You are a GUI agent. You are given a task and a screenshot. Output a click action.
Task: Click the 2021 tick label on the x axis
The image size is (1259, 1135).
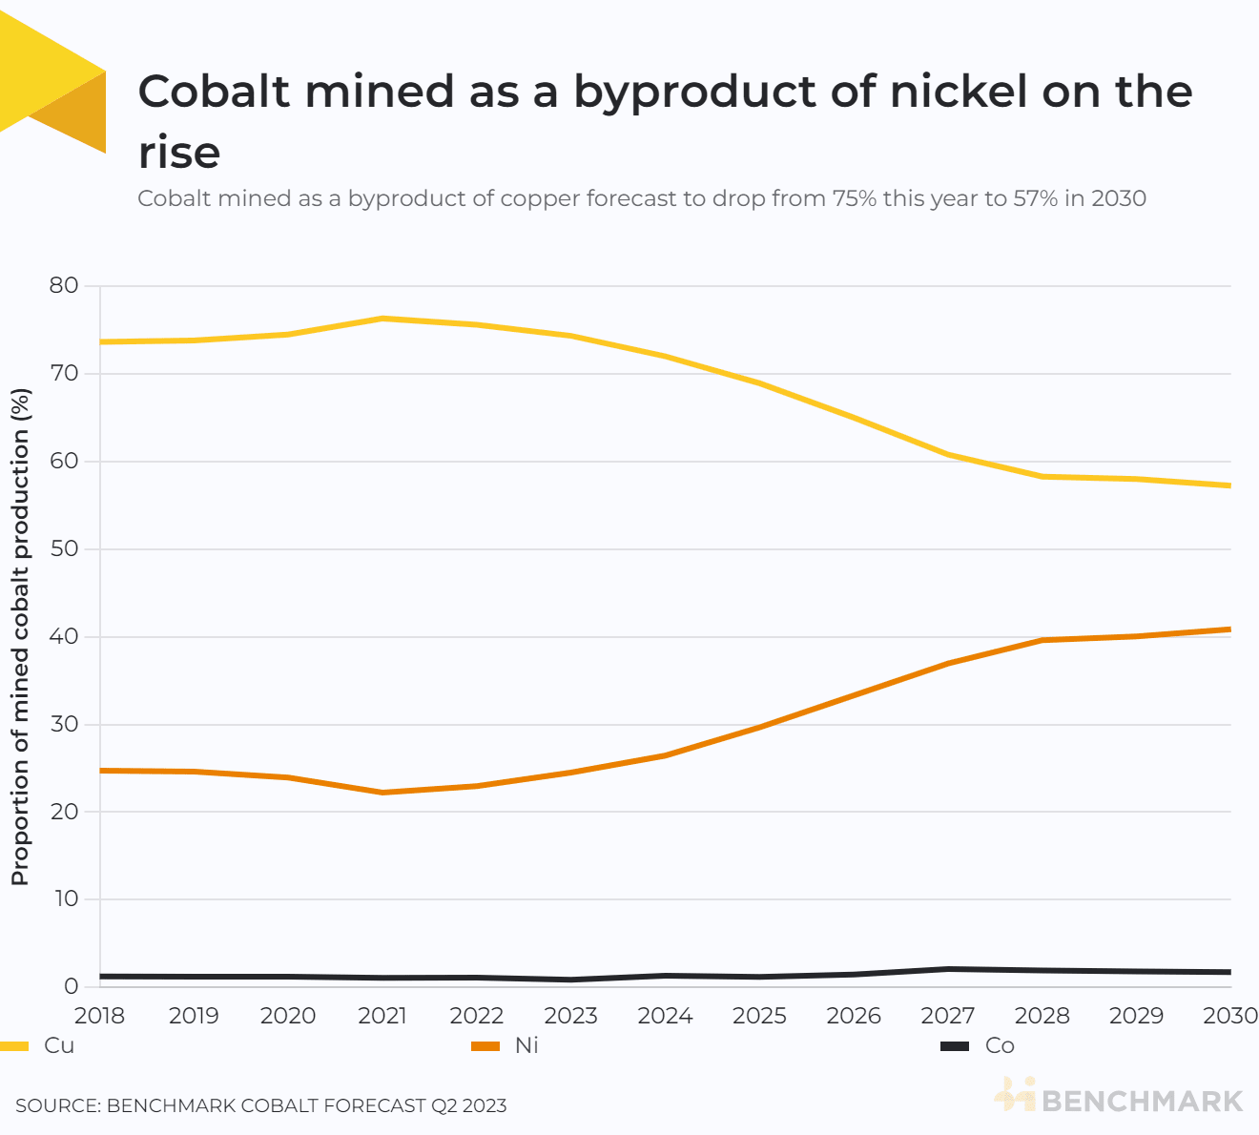[382, 1016]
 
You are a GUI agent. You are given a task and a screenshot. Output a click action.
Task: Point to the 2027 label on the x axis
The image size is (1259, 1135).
[947, 1016]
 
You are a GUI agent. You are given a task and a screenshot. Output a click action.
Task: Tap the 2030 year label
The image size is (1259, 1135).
[1230, 1016]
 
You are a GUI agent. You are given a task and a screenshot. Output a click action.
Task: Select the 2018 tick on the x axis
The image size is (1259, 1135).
[100, 1016]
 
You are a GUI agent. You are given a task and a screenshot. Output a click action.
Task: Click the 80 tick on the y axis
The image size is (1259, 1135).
[63, 285]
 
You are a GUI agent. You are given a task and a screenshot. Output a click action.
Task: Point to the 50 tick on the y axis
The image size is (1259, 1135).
[63, 549]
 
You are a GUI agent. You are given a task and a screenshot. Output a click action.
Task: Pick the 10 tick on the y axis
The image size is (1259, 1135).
[63, 899]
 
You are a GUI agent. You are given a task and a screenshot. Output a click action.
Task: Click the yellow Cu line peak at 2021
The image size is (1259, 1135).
[382, 319]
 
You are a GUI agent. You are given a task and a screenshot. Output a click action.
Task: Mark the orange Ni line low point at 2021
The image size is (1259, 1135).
[382, 793]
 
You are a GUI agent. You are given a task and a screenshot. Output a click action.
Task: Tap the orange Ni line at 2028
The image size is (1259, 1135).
[1042, 640]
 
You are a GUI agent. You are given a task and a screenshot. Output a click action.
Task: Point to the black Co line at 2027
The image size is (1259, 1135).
[947, 969]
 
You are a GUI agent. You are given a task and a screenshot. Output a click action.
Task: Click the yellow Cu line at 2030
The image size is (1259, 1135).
[1228, 485]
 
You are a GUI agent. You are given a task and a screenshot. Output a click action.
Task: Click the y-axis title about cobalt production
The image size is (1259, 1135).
[20, 636]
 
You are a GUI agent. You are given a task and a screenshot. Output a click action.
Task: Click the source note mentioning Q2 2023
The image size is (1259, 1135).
[260, 1105]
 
